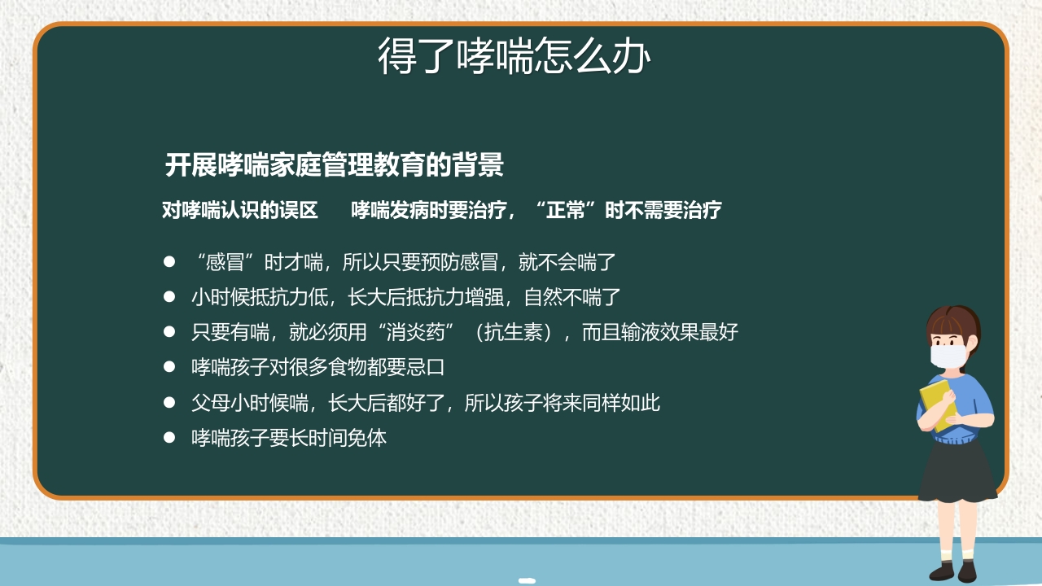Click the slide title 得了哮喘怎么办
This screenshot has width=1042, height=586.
[x=514, y=57]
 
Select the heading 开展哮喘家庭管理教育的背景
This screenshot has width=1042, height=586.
[x=335, y=165]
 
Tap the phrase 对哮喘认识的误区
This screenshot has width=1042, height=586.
[x=240, y=211]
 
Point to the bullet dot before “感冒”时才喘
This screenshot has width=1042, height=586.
[x=169, y=262]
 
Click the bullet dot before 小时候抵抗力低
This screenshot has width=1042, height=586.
[x=169, y=297]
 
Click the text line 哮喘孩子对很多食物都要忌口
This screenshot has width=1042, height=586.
[x=318, y=367]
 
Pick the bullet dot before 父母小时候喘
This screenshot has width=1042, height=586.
[x=169, y=402]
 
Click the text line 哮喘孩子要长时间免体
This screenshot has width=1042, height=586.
[x=289, y=438]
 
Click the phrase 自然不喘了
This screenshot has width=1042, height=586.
[x=573, y=297]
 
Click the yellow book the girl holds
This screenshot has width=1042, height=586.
[x=936, y=403]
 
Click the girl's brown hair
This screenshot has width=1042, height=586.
[x=952, y=320]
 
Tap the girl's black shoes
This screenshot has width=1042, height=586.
[x=954, y=571]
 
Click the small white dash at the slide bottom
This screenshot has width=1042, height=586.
[x=527, y=580]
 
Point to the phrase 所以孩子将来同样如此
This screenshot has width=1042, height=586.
[x=563, y=402]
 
